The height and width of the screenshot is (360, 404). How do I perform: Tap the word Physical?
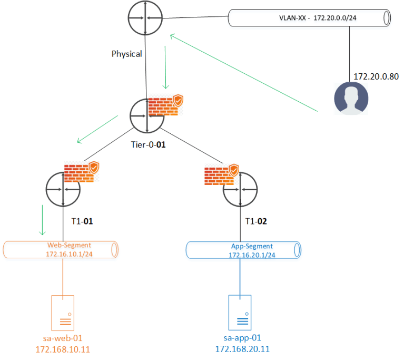[126, 54]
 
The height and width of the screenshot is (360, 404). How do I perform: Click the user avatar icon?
[351, 98]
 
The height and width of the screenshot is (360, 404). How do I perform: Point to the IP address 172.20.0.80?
[376, 76]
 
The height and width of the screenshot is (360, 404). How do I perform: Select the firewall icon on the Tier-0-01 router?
[165, 105]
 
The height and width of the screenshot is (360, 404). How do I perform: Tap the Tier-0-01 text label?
[148, 144]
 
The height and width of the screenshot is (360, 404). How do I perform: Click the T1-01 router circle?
[63, 189]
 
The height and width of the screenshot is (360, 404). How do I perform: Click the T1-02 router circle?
[241, 189]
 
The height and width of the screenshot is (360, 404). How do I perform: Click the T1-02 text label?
[256, 221]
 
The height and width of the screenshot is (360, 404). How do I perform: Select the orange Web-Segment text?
[69, 245]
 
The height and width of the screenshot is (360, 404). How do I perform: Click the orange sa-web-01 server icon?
[64, 313]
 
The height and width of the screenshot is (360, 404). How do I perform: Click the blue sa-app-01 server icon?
[241, 313]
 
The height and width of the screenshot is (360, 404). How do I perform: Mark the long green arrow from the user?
[244, 73]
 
